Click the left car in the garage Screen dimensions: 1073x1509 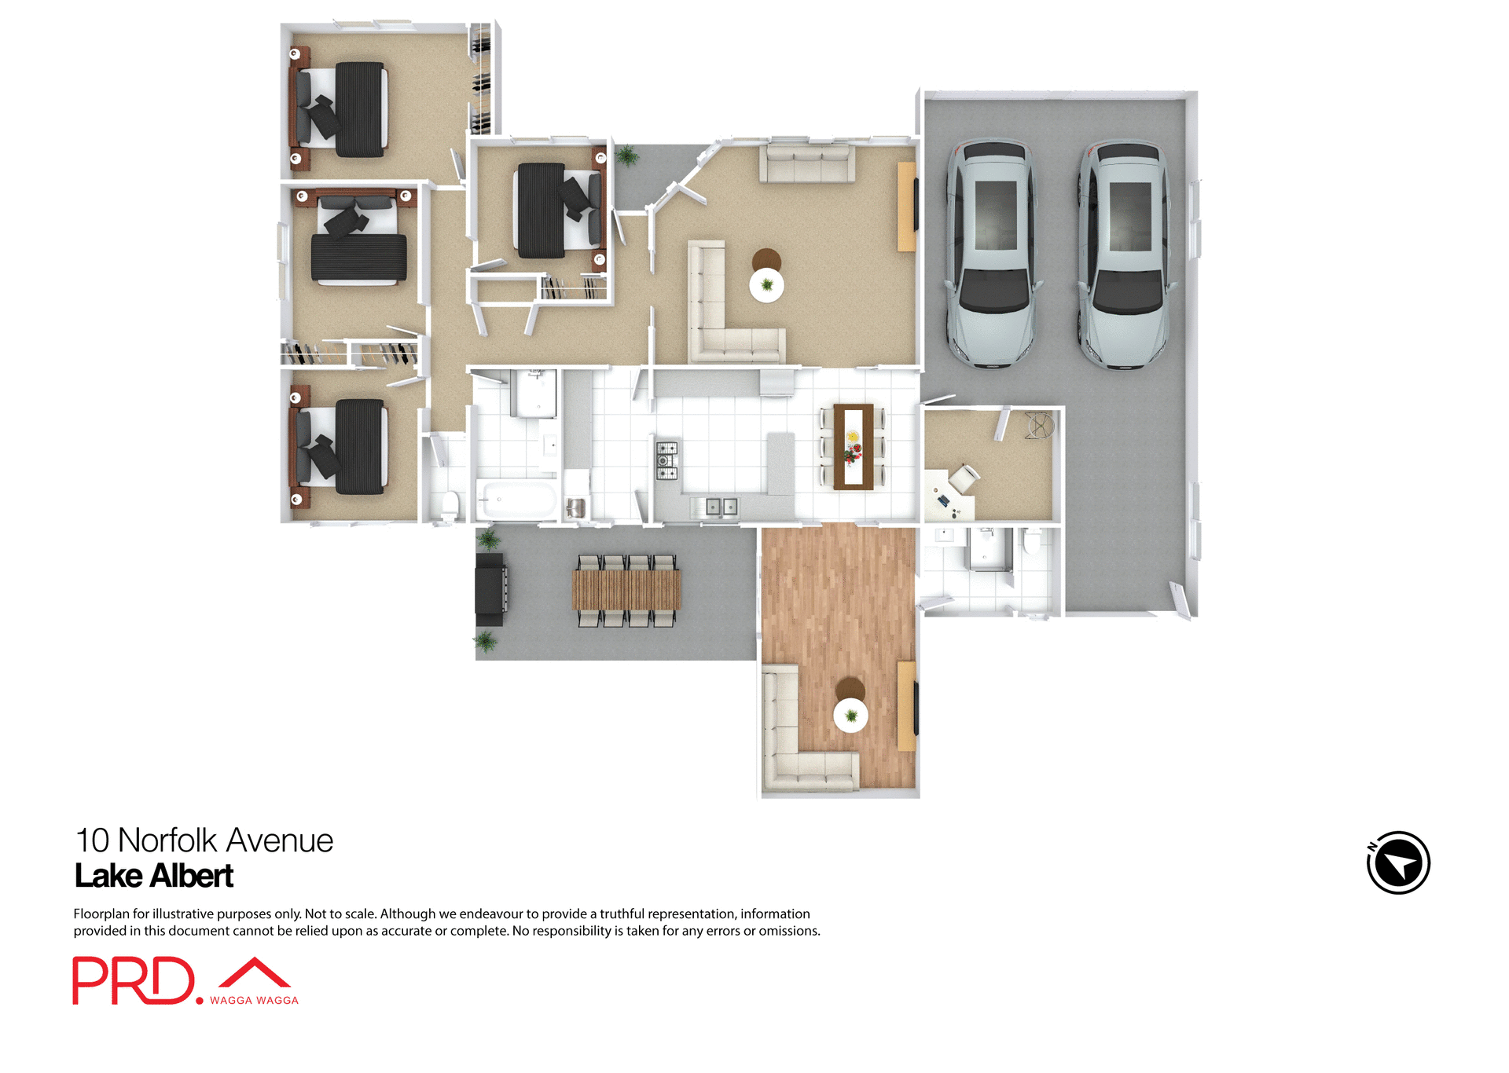point(992,253)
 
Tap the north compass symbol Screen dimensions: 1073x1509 point(1397,862)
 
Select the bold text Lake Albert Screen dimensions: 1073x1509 point(154,876)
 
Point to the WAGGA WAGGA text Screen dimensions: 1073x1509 point(254,1000)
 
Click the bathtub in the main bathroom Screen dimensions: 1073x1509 point(516,500)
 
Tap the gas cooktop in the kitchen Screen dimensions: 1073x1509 point(666,460)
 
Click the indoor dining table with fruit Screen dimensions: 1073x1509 point(853,446)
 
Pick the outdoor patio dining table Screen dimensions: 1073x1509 point(626,590)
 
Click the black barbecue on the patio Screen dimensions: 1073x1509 point(490,584)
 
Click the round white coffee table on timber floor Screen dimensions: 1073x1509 point(850,716)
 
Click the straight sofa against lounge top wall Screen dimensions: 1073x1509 point(807,164)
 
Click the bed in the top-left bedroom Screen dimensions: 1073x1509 point(346,108)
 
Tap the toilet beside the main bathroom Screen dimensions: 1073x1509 point(450,504)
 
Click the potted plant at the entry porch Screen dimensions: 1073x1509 point(627,156)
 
